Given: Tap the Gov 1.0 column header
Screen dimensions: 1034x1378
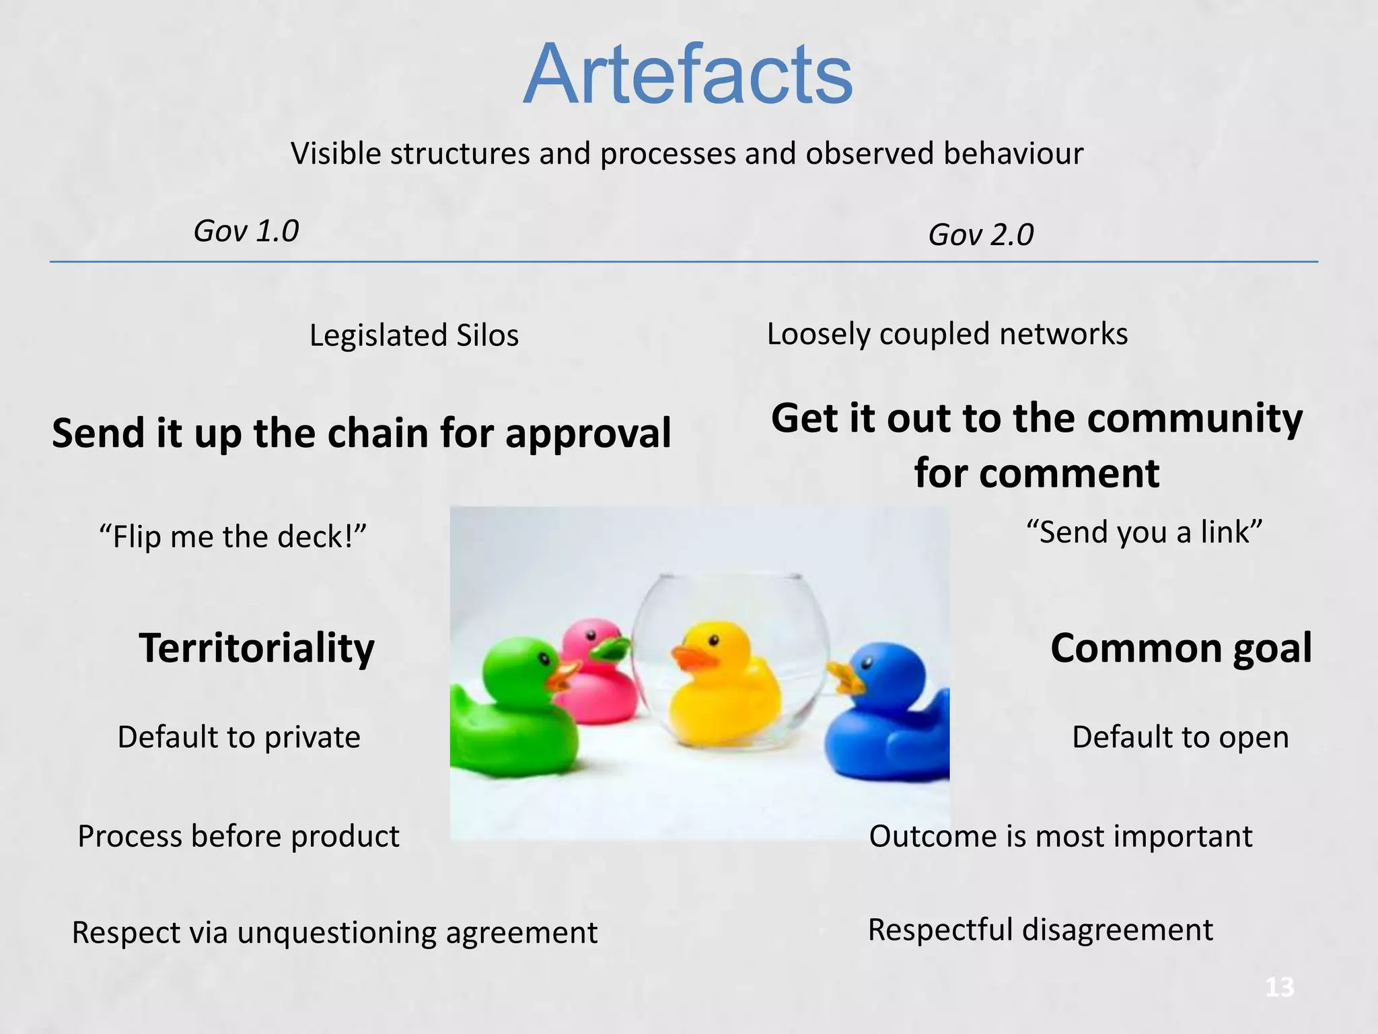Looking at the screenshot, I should click(246, 231).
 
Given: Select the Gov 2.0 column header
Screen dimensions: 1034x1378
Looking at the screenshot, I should click(980, 235).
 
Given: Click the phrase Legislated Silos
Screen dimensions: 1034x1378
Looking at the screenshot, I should click(414, 335).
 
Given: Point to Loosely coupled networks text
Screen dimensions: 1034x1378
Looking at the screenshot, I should click(947, 334).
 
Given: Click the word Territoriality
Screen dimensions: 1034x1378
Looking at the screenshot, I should click(256, 648).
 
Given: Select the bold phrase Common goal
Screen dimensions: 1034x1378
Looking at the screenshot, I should click(1181, 648).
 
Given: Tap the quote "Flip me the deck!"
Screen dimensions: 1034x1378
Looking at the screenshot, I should click(233, 537).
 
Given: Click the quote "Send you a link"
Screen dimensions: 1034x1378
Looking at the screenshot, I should click(1144, 532).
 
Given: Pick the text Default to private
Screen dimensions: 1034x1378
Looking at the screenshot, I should click(239, 736).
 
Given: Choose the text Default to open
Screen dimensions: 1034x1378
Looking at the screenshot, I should click(1180, 736).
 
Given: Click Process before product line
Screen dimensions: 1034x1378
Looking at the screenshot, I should click(238, 836).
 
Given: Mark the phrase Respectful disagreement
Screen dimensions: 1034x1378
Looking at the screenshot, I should click(1040, 930).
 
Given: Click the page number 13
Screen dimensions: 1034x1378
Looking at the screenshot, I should click(1279, 988).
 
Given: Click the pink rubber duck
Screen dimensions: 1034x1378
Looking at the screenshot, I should click(599, 680).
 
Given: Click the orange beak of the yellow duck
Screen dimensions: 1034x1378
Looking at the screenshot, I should click(693, 657).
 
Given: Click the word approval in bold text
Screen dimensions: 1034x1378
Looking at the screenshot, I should click(588, 433).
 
